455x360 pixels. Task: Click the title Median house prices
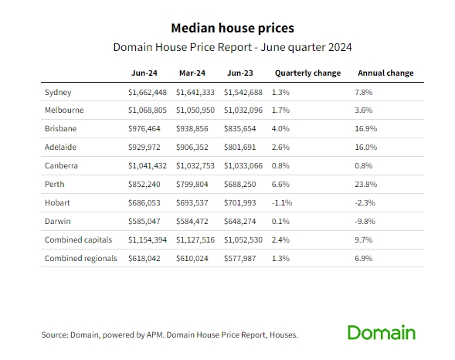click(233, 28)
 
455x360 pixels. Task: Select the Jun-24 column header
click(144, 73)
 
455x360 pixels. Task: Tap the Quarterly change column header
click(308, 73)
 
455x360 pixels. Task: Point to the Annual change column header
click(385, 73)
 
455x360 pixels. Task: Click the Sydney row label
click(58, 92)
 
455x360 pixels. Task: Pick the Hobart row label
click(57, 202)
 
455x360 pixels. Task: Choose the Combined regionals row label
click(80, 259)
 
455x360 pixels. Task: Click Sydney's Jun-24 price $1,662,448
click(148, 92)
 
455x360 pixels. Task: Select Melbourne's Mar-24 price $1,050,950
click(195, 110)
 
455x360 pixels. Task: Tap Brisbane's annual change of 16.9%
click(366, 128)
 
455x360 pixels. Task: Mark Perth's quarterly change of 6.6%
click(280, 184)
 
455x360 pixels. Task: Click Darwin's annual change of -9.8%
click(365, 222)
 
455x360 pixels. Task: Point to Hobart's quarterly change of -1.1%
click(282, 202)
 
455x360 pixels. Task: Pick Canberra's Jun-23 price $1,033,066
click(243, 165)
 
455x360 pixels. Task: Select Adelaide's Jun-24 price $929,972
click(144, 147)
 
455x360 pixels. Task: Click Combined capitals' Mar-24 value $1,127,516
click(195, 240)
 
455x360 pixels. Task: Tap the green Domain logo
click(382, 332)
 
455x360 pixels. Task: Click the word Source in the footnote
click(55, 335)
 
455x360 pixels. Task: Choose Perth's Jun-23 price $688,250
click(240, 184)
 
